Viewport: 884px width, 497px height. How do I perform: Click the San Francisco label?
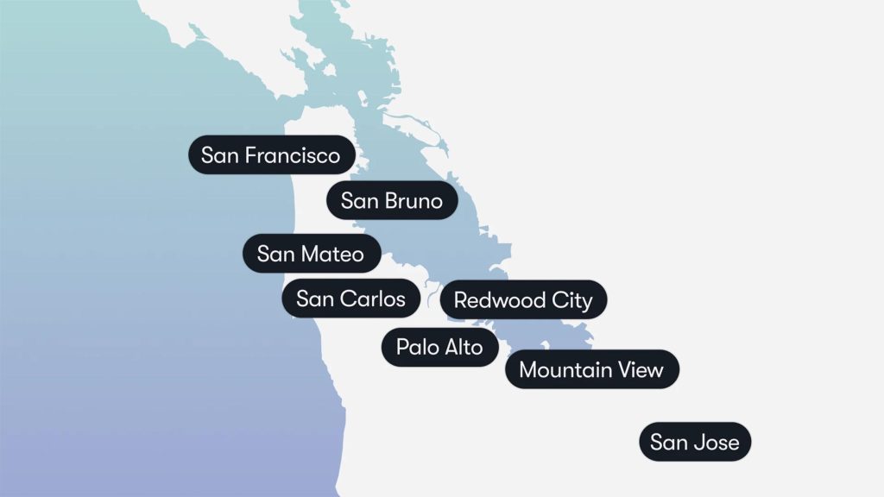pyautogui.click(x=271, y=155)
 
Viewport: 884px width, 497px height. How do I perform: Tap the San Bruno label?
pyautogui.click(x=391, y=201)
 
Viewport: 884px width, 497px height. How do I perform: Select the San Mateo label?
pyautogui.click(x=311, y=254)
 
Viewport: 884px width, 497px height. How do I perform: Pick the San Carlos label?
pyautogui.click(x=350, y=299)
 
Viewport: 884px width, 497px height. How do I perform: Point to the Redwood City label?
pyautogui.click(x=523, y=300)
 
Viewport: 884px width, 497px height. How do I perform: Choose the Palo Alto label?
pyautogui.click(x=440, y=347)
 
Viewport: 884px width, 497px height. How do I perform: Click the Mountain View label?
pyautogui.click(x=591, y=370)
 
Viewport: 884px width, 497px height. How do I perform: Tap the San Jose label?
pyautogui.click(x=695, y=443)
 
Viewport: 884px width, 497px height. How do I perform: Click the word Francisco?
pyautogui.click(x=293, y=155)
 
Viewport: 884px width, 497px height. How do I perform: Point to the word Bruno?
pyautogui.click(x=414, y=201)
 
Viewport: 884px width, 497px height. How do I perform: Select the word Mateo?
pyautogui.click(x=332, y=254)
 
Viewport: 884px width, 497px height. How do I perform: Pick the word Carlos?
pyautogui.click(x=373, y=299)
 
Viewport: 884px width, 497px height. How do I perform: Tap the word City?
pyautogui.click(x=572, y=300)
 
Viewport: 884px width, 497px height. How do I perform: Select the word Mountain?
pyautogui.click(x=565, y=370)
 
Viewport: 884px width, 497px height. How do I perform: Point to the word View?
pyautogui.click(x=641, y=370)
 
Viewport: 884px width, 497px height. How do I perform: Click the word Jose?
pyautogui.click(x=717, y=443)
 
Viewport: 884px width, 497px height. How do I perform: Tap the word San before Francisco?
pyautogui.click(x=220, y=155)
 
